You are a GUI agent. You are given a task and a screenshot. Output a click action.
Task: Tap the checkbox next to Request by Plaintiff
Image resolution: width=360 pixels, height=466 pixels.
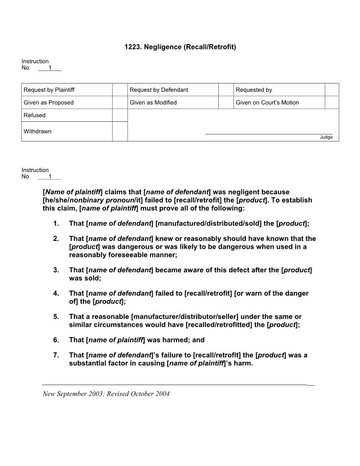(120, 90)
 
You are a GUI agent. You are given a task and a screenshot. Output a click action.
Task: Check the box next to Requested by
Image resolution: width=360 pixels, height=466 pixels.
(332, 90)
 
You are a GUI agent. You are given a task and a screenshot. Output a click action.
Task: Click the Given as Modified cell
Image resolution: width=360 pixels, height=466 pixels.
(153, 102)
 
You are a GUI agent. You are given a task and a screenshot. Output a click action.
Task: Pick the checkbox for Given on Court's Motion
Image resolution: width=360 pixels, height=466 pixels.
(332, 102)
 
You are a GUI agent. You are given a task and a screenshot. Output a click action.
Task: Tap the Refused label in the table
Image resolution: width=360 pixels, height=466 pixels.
(35, 115)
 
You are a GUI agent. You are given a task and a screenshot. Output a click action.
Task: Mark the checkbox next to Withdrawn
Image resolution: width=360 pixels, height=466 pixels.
(120, 132)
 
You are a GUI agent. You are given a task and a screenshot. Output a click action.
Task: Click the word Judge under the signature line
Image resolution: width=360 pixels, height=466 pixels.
(326, 137)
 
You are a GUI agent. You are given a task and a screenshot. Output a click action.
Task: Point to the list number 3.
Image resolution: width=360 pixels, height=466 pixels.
(56, 270)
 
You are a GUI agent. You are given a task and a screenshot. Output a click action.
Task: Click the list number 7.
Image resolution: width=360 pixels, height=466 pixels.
(56, 355)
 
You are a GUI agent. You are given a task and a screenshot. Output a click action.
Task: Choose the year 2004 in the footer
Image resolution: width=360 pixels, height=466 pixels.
(162, 394)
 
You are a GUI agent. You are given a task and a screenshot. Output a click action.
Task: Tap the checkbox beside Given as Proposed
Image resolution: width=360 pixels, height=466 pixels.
(120, 102)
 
